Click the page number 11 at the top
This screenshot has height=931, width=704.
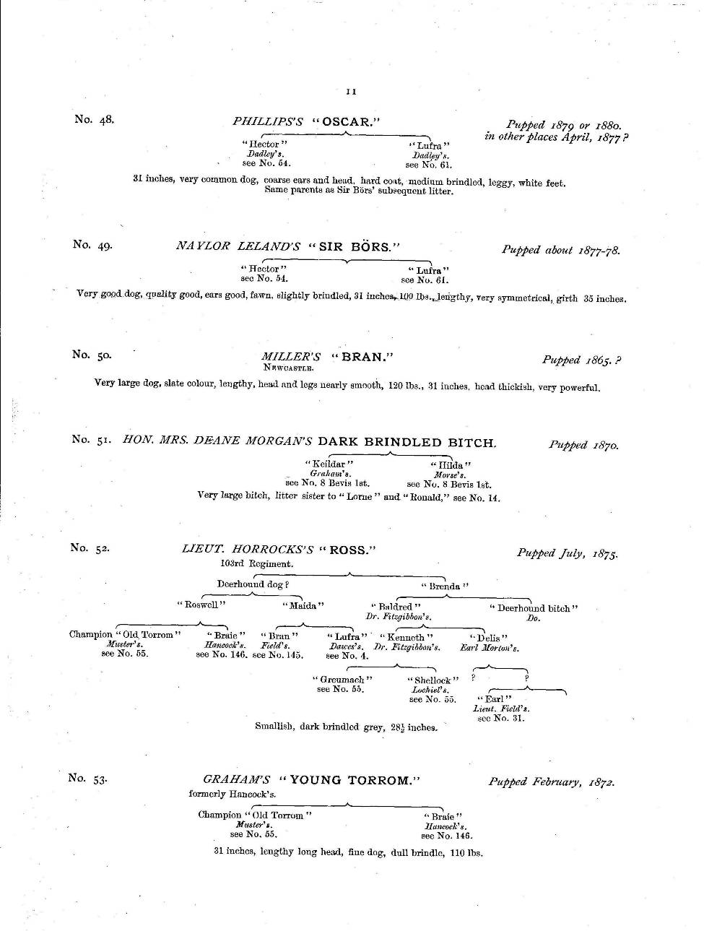tap(351, 92)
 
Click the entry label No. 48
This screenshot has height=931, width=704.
tap(94, 119)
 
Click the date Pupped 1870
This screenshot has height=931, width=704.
tap(583, 445)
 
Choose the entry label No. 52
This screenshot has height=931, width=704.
tap(90, 547)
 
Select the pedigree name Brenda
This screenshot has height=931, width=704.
tap(445, 586)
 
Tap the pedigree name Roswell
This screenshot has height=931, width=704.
tap(202, 605)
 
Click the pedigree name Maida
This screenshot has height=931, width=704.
tap(303, 605)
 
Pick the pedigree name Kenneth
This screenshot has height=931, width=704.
tap(407, 637)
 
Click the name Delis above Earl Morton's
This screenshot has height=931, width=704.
tap(489, 638)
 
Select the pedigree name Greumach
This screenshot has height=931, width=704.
tap(342, 680)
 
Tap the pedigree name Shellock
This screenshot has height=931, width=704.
tap(433, 680)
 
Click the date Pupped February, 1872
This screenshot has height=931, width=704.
tap(552, 781)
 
